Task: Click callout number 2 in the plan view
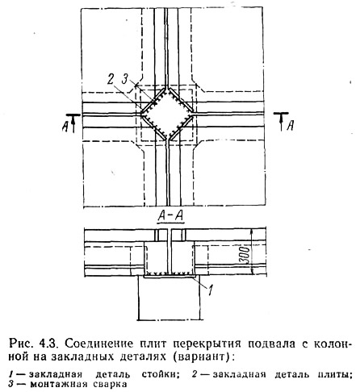tap(111, 79)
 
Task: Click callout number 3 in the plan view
tap(125, 79)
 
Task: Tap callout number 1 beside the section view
tap(211, 290)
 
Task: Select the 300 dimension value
tap(245, 254)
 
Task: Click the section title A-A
tap(171, 216)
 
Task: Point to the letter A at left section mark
tap(65, 126)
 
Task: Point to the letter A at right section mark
tap(290, 126)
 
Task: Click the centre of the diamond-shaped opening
tap(167, 115)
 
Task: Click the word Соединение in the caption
tap(98, 344)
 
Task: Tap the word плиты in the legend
tap(337, 374)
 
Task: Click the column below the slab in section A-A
tap(170, 298)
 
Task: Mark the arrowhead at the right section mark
tap(281, 119)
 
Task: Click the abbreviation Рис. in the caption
tap(23, 344)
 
